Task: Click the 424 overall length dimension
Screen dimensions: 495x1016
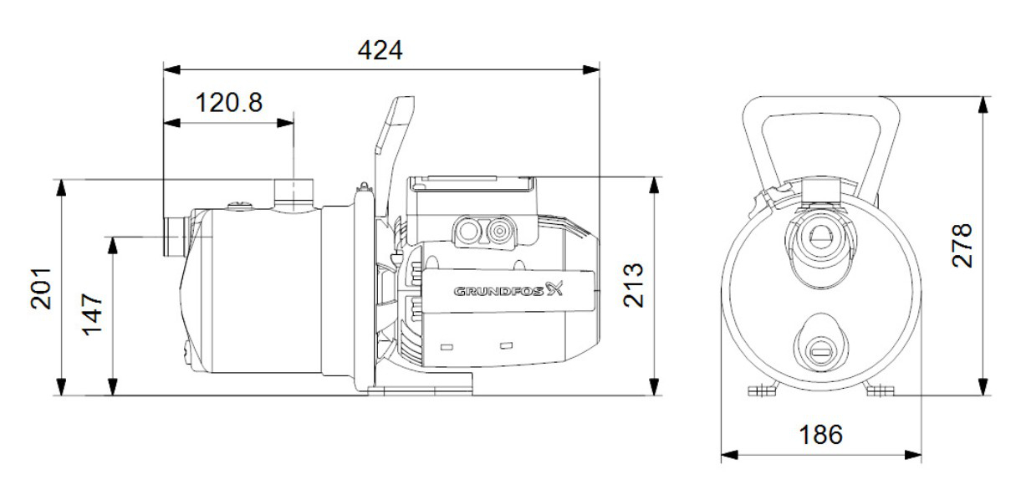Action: click(x=380, y=51)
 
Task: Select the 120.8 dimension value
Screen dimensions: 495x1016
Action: click(x=228, y=104)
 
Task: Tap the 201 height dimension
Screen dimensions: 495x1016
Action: click(x=42, y=288)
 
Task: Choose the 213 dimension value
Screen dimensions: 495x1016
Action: click(x=634, y=285)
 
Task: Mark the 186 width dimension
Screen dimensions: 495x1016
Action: click(x=819, y=435)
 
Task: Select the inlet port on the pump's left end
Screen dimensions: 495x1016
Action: click(x=175, y=237)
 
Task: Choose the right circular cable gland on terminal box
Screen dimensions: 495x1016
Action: click(x=501, y=231)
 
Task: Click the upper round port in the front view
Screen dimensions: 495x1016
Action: click(x=820, y=240)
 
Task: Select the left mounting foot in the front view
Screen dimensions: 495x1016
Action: click(x=761, y=390)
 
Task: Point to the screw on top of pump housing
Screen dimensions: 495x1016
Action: click(x=241, y=202)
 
